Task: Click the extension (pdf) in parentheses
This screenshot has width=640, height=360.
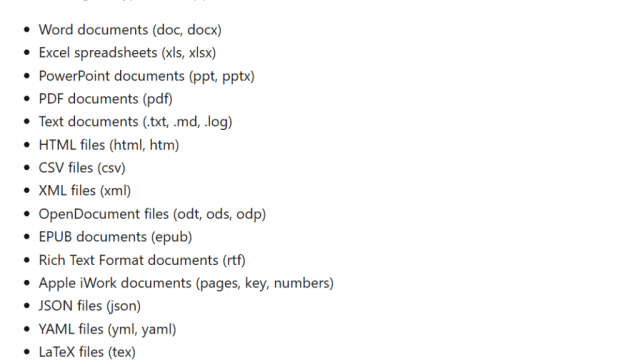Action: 158,99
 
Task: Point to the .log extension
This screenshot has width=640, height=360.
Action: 218,122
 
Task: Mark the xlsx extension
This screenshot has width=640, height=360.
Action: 202,53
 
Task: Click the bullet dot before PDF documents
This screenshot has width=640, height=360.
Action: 27,98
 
